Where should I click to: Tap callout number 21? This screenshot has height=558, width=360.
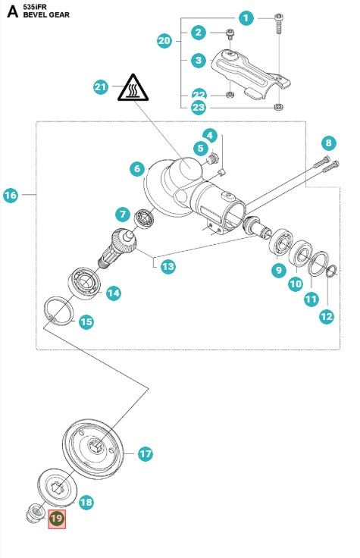pos(101,87)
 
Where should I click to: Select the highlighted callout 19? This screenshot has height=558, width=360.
pos(58,519)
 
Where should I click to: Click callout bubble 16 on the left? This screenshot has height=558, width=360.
pos(11,196)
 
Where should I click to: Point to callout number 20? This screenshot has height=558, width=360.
pos(164,41)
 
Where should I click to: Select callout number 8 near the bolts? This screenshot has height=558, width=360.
pos(327,143)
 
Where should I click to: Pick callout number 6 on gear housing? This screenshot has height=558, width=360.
pos(136,168)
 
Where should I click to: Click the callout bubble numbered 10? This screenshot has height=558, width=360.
pos(296,284)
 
